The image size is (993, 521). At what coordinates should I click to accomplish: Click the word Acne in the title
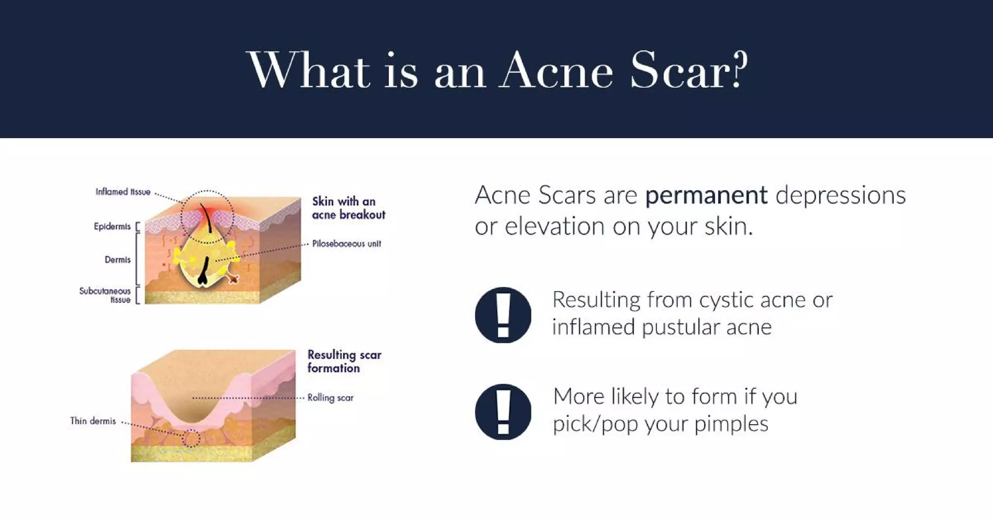click(x=558, y=72)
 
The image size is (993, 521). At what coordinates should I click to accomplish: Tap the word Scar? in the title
click(x=689, y=72)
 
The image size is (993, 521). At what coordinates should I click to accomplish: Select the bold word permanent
click(x=706, y=196)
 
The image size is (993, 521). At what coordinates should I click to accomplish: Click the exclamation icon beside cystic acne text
click(x=503, y=315)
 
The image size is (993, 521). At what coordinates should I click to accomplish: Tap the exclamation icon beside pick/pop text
click(x=503, y=411)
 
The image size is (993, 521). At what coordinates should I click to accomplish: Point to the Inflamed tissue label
click(x=123, y=192)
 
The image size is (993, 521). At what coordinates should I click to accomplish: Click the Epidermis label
click(x=112, y=226)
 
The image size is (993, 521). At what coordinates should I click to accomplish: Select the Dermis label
click(x=117, y=260)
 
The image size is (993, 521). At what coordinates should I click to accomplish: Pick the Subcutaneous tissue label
click(x=105, y=295)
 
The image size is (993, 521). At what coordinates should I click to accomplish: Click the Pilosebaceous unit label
click(x=346, y=244)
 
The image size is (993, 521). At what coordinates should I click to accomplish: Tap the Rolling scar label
click(x=330, y=398)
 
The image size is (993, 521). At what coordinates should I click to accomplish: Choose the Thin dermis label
click(x=93, y=421)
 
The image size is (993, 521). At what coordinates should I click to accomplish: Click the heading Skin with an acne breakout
click(x=348, y=208)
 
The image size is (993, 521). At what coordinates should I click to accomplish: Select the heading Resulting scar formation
click(x=344, y=362)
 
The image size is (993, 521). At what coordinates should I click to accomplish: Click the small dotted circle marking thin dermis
click(x=191, y=438)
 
